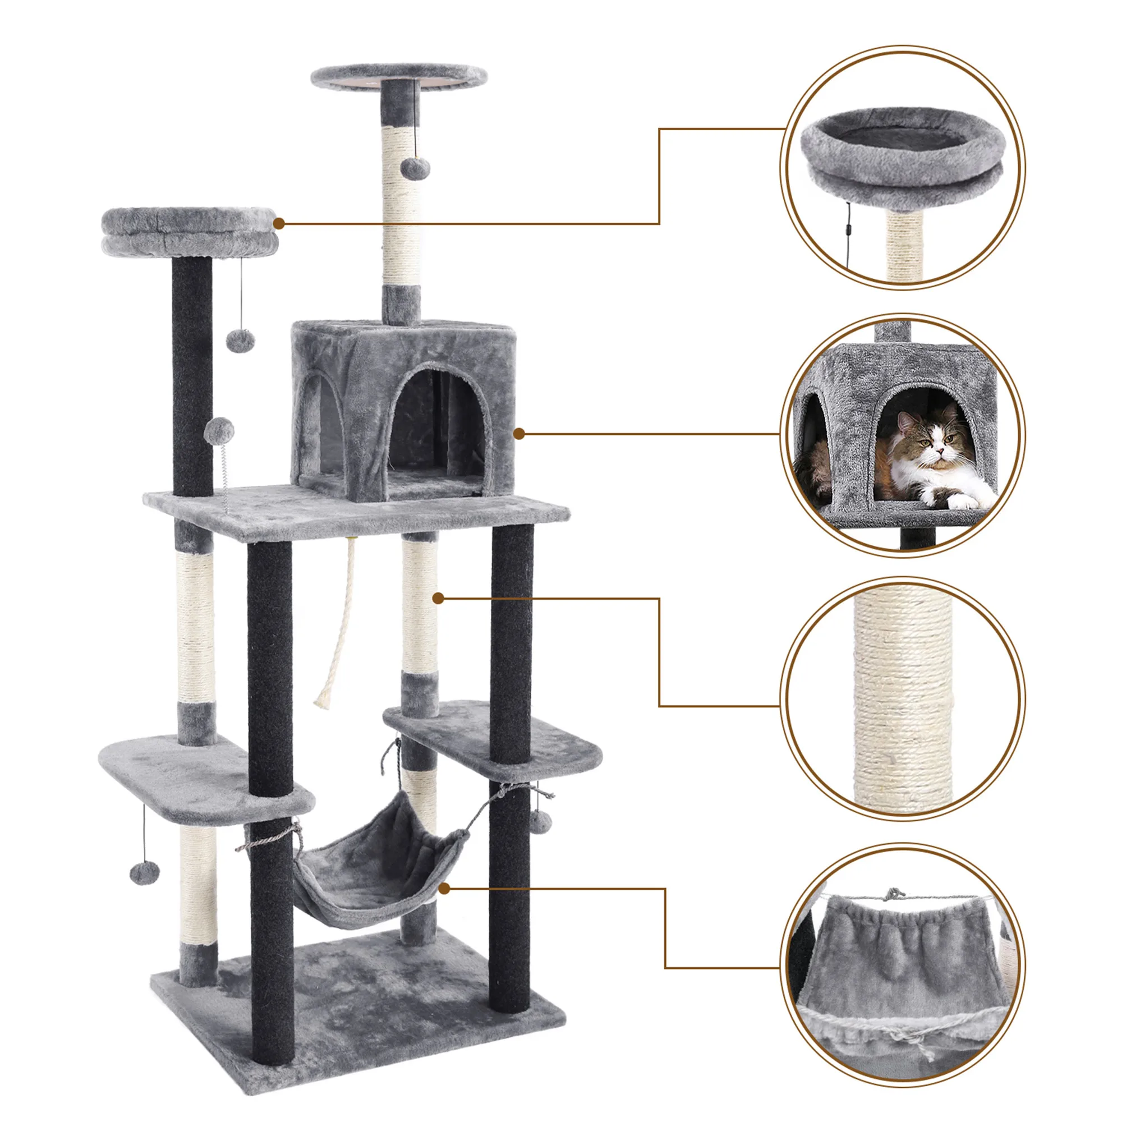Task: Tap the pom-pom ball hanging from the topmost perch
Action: coord(415,168)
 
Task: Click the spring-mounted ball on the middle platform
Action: coord(220,430)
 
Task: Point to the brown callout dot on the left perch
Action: coord(279,223)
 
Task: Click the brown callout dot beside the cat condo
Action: coord(519,433)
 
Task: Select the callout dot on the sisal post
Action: coord(439,598)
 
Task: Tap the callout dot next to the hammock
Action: coord(444,889)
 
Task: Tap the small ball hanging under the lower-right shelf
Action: coord(540,819)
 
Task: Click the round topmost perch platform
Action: coord(399,77)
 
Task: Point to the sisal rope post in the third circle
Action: coord(903,697)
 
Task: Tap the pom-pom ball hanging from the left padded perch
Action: coord(241,341)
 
